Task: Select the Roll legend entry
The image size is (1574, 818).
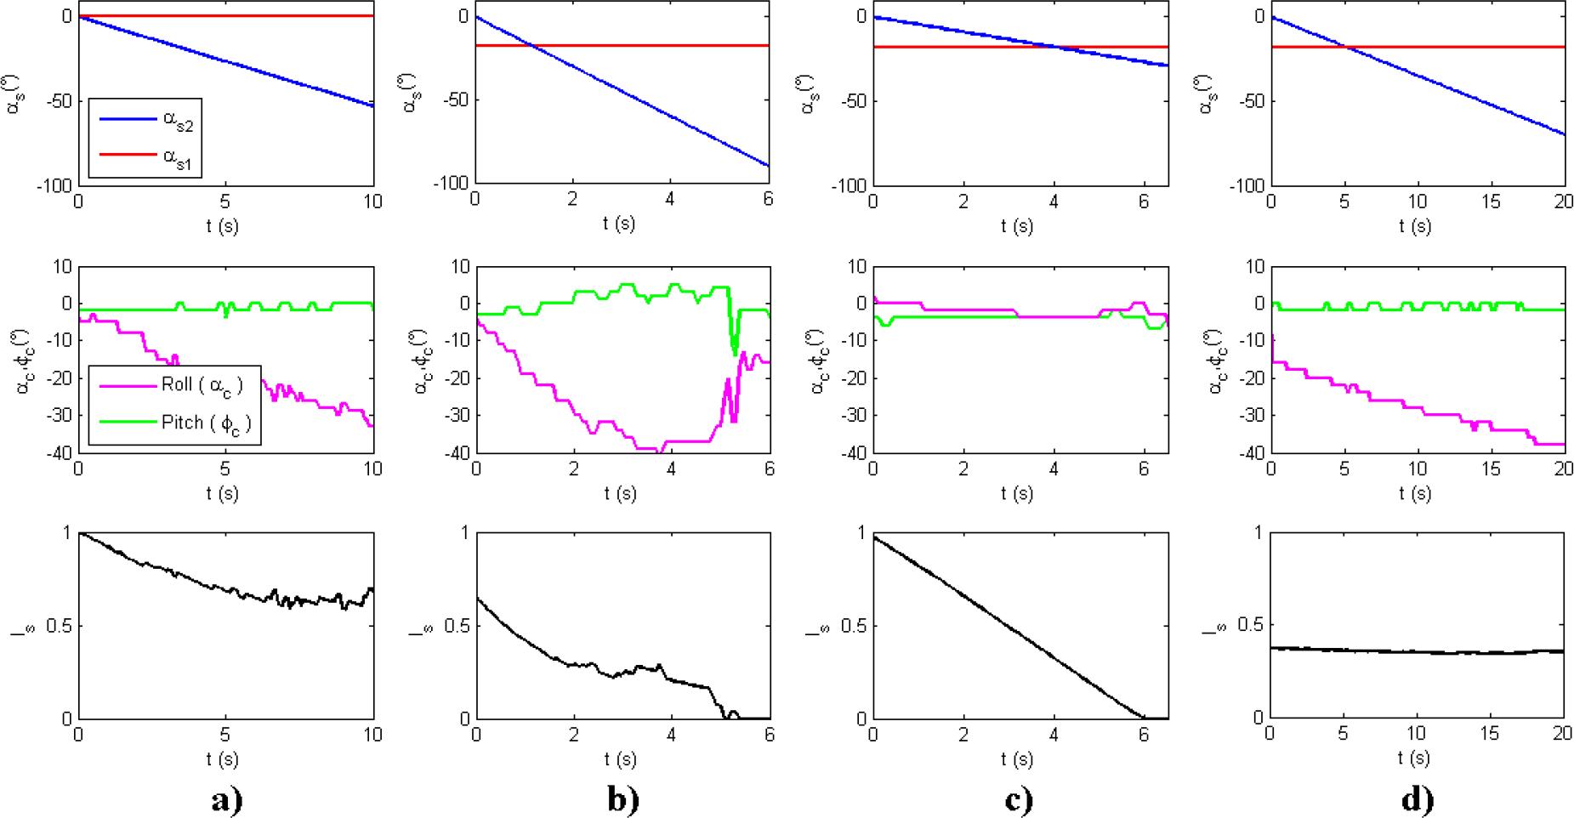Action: click(201, 385)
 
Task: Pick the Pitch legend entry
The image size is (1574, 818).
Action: click(201, 422)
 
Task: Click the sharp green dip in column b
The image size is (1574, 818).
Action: click(735, 350)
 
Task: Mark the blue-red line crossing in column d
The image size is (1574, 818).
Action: click(1345, 47)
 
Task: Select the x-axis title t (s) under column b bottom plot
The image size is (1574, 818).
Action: click(621, 758)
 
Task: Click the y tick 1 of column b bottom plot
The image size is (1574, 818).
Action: click(464, 533)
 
